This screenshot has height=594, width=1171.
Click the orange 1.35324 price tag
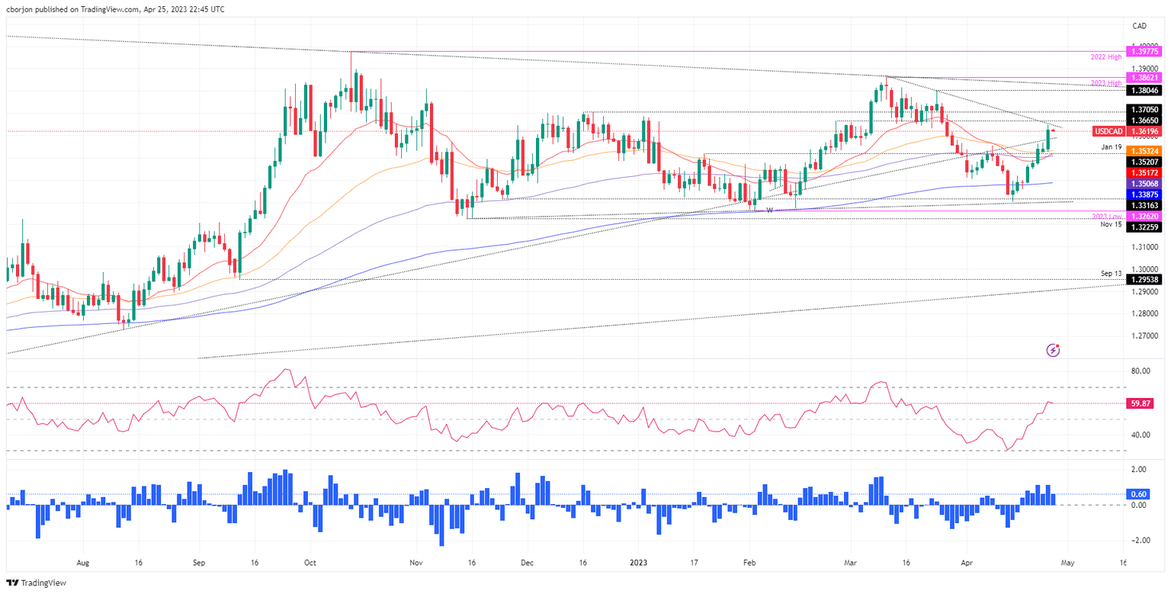point(1144,151)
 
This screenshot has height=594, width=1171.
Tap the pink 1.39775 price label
point(1144,52)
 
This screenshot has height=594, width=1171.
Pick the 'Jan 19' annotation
point(1110,146)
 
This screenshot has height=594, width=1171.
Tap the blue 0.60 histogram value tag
point(1140,493)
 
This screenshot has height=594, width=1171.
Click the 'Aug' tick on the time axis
point(83,563)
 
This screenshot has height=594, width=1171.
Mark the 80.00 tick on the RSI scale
point(1141,371)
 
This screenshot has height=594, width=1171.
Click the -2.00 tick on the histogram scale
point(1141,540)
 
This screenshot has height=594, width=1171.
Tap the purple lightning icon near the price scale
point(1054,350)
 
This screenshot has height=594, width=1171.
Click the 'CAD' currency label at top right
point(1140,26)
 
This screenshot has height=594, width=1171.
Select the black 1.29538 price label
point(1144,281)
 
